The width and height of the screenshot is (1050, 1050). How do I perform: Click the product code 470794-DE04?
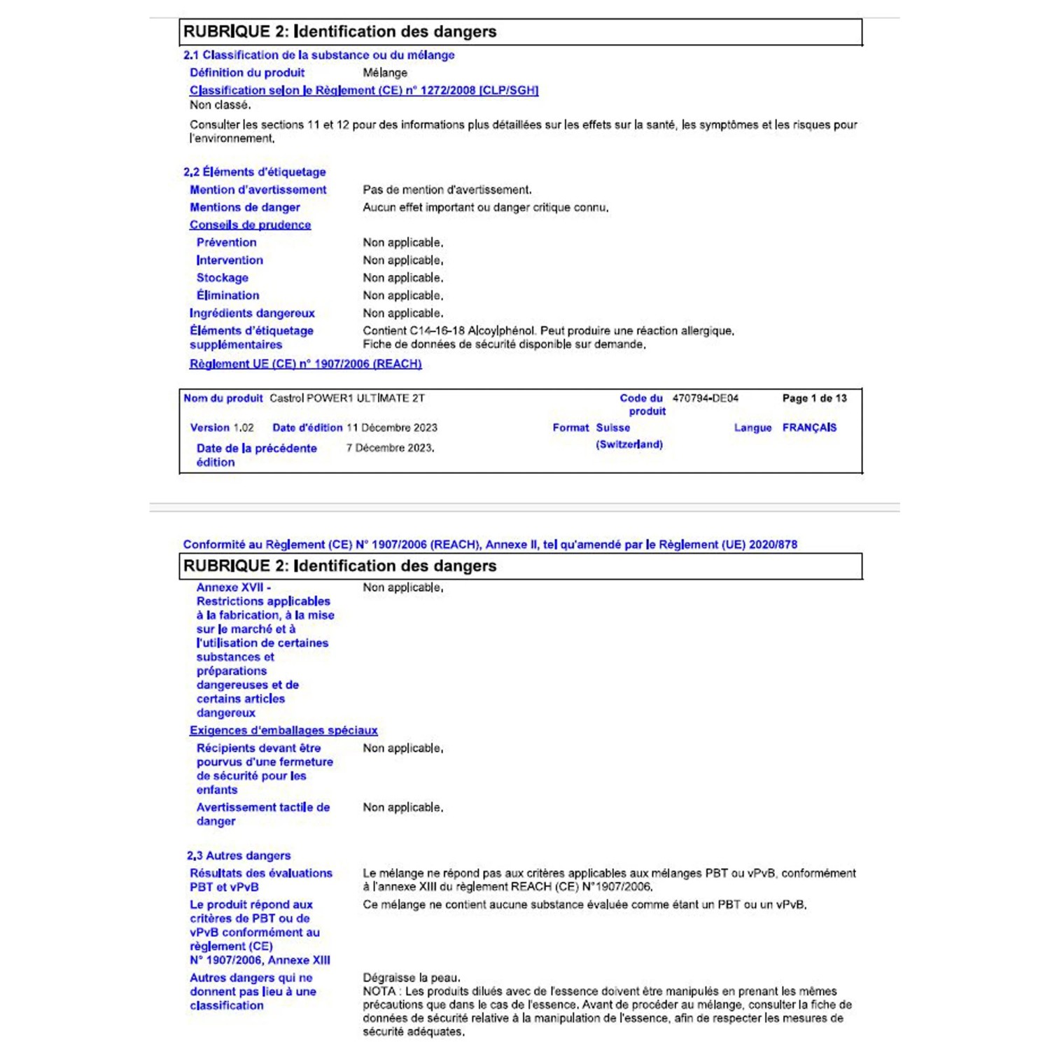coord(705,398)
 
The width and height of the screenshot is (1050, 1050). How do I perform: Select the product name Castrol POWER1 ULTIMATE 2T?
coord(347,398)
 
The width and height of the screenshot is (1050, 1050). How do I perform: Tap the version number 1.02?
coord(243,428)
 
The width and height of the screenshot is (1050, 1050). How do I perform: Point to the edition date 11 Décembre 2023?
coord(392,428)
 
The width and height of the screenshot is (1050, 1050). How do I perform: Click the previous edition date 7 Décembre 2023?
coord(390,448)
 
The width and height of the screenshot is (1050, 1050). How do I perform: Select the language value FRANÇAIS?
coord(809,428)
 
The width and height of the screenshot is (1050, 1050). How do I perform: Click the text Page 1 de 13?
coord(814,398)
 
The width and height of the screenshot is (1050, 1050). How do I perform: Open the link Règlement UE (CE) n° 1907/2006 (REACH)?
coord(305,364)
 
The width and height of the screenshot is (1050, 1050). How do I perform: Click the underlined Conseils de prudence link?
coord(250,225)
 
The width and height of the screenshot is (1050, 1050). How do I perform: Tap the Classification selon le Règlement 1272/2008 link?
coord(364,90)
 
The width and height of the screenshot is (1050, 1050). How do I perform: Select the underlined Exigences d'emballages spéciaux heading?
coord(283,730)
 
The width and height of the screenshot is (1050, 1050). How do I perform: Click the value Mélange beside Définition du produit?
coord(385,73)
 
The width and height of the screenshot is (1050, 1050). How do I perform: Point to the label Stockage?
coord(222,278)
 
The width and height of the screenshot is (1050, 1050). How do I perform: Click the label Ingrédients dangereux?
coord(252,313)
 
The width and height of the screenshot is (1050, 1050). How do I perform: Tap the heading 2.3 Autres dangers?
coord(239,855)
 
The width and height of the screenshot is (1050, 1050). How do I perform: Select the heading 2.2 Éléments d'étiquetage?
coord(255,172)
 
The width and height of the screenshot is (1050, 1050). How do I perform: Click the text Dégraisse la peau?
coord(412,978)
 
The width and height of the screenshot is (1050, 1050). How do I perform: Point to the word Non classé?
coord(220,105)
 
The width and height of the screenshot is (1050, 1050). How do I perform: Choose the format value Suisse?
coord(612,428)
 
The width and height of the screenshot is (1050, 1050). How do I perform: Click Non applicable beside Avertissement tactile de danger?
coord(402,807)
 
